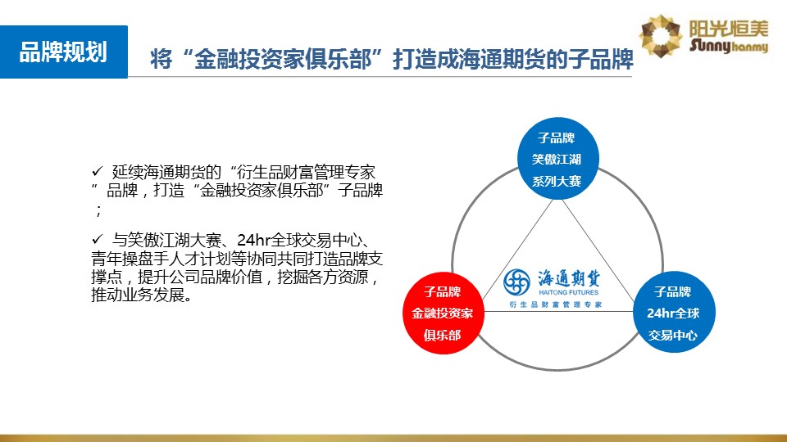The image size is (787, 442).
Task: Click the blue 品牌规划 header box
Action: coord(64,52)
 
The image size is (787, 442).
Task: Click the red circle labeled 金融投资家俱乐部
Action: coord(444,313)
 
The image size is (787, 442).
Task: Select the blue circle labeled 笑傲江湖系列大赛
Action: coord(557,159)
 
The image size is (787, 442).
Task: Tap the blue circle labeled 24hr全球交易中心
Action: coord(674,312)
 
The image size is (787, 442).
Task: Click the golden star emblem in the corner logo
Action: coord(661,36)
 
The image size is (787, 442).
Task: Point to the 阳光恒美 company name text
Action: coord(728,29)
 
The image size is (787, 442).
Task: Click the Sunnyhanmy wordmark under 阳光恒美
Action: coord(728,46)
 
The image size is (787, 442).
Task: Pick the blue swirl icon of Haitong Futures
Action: coord(516,282)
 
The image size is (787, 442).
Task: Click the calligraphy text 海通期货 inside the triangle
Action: coord(569,278)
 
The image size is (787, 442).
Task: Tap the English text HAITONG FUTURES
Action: coord(569,292)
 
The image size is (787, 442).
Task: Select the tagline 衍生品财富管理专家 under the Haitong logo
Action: coord(555,304)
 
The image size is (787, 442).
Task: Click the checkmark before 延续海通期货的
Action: coord(97,171)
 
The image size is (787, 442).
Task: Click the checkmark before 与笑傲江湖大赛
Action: coord(97,239)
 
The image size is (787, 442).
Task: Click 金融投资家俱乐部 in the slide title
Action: coord(283,59)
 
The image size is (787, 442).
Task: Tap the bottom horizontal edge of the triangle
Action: coord(558,312)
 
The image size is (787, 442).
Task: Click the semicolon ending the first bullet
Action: coord(98,210)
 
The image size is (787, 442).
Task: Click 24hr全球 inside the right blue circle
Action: coord(673,313)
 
